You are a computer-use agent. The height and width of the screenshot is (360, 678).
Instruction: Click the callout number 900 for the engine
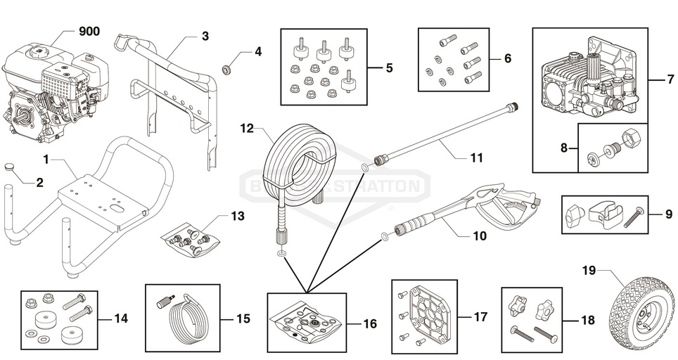[x=89, y=32]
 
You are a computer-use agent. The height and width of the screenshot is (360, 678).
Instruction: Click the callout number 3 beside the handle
[x=205, y=36]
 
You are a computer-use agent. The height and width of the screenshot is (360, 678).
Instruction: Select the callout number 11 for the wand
[x=477, y=158]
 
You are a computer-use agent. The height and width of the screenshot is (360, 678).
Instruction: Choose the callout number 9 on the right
[x=668, y=214]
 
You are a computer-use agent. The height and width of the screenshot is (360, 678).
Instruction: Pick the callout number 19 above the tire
[x=589, y=269]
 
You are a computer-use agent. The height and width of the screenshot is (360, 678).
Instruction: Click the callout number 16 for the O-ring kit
[x=370, y=324]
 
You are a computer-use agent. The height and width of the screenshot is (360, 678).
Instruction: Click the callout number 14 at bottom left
[x=121, y=319]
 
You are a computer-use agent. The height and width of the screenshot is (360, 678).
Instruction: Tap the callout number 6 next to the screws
[x=507, y=58]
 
